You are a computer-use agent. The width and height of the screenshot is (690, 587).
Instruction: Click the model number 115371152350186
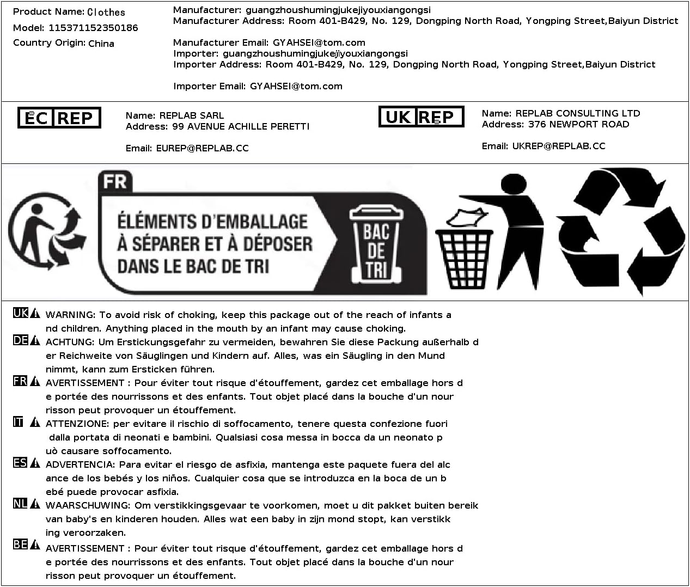[x=93, y=28]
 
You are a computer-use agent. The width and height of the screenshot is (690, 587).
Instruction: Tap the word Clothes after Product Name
[x=106, y=12]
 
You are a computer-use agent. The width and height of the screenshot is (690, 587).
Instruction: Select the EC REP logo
[x=59, y=118]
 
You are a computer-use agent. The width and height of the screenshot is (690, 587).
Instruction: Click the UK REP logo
[x=421, y=117]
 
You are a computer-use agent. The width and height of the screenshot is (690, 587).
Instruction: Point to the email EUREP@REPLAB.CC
[x=202, y=148]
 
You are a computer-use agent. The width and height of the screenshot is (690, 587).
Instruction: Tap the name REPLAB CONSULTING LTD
[x=577, y=113]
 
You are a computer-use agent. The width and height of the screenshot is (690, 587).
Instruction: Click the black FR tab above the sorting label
[x=115, y=181]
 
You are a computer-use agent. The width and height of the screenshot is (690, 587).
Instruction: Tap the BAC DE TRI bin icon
[x=376, y=243]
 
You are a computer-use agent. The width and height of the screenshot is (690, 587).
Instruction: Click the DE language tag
[x=21, y=340]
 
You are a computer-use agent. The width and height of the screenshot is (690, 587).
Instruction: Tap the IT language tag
[x=19, y=422]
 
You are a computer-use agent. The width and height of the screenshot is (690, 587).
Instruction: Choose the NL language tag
[x=21, y=504]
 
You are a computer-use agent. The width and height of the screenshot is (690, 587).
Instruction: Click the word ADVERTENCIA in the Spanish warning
[x=80, y=464]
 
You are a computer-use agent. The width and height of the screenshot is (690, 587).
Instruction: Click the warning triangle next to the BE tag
[x=35, y=545]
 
